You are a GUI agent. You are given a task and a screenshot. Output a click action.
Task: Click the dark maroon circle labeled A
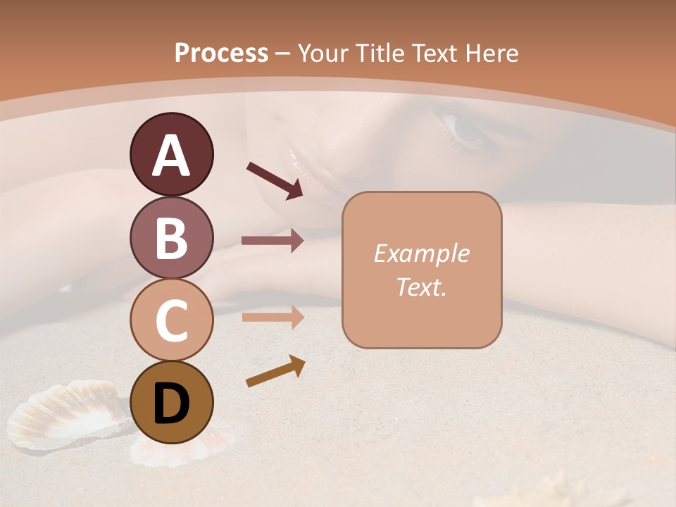click(x=171, y=155)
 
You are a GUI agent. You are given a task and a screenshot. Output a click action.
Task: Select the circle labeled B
click(x=171, y=238)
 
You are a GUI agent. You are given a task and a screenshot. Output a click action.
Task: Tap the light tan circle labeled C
click(x=171, y=320)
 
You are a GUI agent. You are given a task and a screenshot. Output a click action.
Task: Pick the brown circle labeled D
click(x=171, y=403)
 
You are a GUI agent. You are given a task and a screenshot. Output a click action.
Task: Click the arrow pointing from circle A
click(x=274, y=180)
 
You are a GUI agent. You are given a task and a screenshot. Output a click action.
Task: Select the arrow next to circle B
click(x=273, y=240)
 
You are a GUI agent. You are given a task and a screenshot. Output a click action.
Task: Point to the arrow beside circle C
click(x=273, y=317)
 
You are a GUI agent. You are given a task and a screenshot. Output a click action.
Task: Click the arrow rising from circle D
click(x=275, y=371)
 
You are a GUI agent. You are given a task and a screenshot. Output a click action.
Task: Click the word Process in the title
click(x=221, y=53)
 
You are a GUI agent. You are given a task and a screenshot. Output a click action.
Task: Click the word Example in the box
click(x=421, y=254)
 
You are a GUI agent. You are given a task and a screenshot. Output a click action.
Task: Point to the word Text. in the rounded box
click(x=421, y=287)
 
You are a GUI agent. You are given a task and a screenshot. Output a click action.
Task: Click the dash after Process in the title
click(x=283, y=54)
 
